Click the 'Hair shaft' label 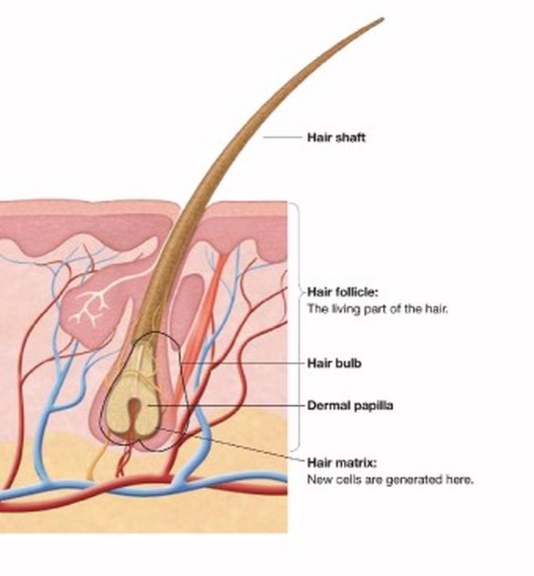tap(336, 137)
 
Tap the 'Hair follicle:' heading tap(342, 292)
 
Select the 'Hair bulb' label tap(334, 363)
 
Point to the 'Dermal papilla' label tap(350, 406)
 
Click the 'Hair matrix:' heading tap(342, 462)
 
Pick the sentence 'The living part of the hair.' tap(378, 308)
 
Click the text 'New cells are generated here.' tap(390, 480)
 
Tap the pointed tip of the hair tap(383, 19)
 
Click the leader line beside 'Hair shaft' tap(282, 137)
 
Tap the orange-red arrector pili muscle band tap(199, 330)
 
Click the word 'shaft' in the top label tap(350, 137)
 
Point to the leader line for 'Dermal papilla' tap(227, 406)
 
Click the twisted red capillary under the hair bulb tap(124, 460)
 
